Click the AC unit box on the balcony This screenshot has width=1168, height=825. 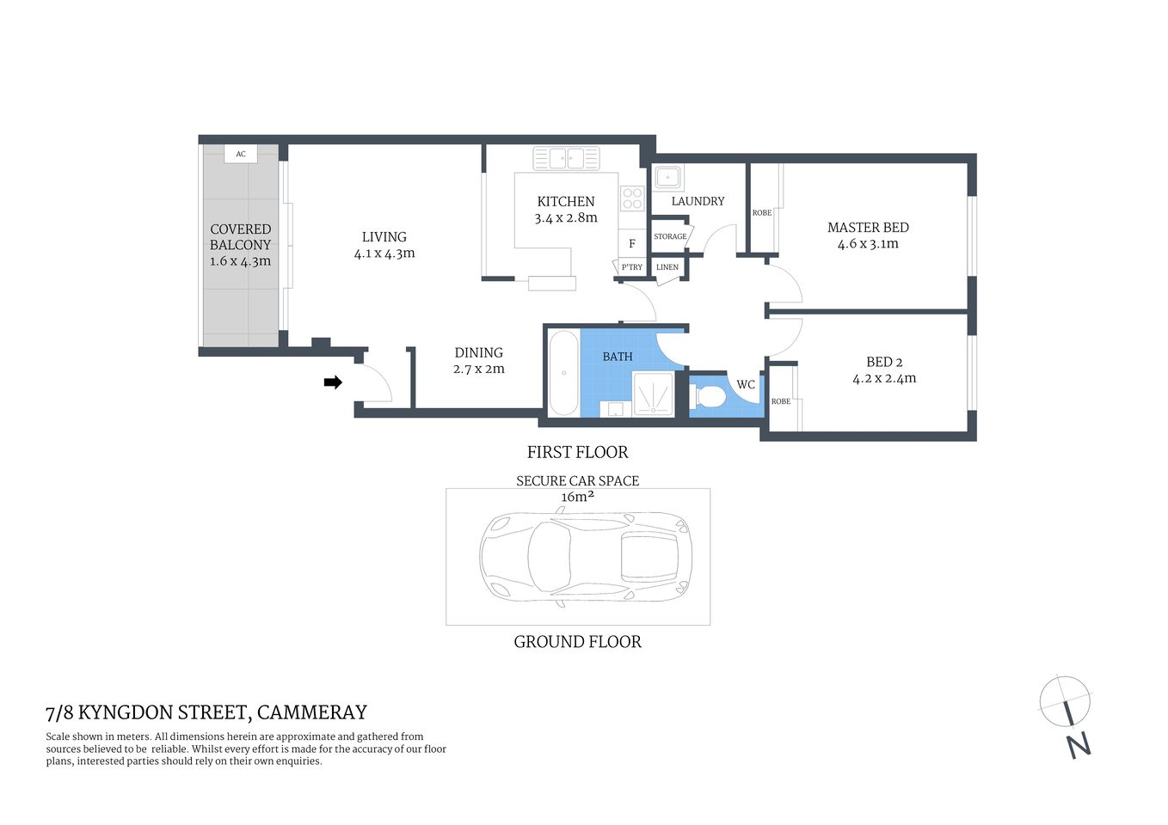pyautogui.click(x=241, y=154)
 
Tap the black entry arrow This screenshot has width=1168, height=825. pyautogui.click(x=333, y=382)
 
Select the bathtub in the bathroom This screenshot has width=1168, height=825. pyautogui.click(x=564, y=373)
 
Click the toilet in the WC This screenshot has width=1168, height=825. pyautogui.click(x=710, y=397)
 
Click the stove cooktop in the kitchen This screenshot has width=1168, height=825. pyautogui.click(x=632, y=199)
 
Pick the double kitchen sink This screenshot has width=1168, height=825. pyautogui.click(x=566, y=158)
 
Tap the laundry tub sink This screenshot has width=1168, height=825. pyautogui.click(x=667, y=178)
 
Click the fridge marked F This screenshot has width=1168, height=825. pyautogui.click(x=631, y=243)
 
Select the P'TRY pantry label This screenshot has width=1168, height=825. pyautogui.click(x=631, y=267)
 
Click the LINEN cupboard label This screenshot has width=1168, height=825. pyautogui.click(x=667, y=267)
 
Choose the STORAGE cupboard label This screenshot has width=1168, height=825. pyautogui.click(x=670, y=236)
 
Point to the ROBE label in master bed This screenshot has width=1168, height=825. pyautogui.click(x=762, y=213)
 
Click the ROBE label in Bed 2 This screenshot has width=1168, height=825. pyautogui.click(x=781, y=401)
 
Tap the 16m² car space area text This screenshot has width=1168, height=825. pyautogui.click(x=578, y=497)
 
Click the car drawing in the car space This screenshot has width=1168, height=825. pyautogui.click(x=585, y=556)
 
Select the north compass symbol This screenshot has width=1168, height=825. pyautogui.click(x=1067, y=712)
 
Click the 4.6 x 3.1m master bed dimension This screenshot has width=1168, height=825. pyautogui.click(x=868, y=244)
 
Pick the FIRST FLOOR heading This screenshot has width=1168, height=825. pyautogui.click(x=577, y=452)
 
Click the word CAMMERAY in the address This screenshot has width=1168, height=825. pyautogui.click(x=312, y=712)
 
